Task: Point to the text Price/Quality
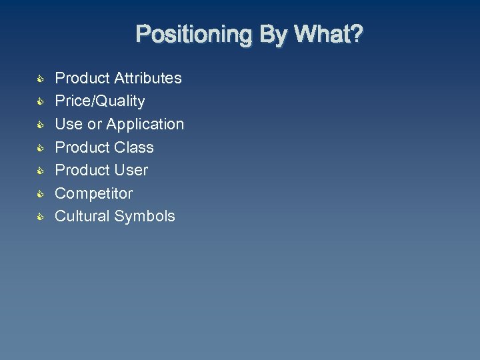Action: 99,101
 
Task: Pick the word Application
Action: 145,124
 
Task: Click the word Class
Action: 133,147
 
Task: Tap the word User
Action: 131,170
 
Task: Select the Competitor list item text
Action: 93,193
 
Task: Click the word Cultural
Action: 82,216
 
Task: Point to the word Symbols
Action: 145,216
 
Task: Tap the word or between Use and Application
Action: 95,124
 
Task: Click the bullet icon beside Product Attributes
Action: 40,79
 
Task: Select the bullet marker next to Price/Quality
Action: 40,101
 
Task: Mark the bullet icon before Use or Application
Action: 40,125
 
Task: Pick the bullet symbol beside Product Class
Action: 40,147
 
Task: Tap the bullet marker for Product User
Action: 40,171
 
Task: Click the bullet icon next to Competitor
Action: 40,193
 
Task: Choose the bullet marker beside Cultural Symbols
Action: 40,217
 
